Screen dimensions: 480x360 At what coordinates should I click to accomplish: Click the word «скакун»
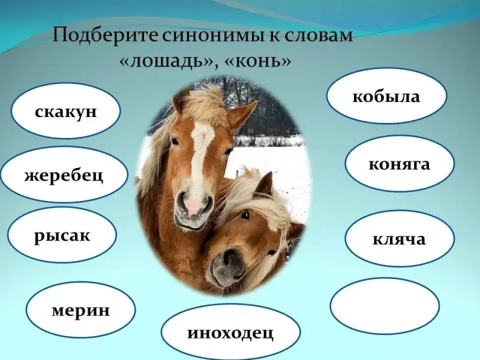point(65,112)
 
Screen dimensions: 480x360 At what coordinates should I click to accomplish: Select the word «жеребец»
point(64,175)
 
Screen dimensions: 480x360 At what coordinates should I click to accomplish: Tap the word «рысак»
point(62,236)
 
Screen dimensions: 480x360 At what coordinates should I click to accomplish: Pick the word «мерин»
point(80,310)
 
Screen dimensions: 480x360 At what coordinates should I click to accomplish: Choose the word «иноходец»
point(230,333)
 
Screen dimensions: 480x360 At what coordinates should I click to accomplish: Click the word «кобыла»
point(386,97)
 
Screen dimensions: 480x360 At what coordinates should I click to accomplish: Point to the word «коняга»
point(399,164)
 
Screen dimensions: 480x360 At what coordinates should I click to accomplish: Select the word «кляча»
point(399,239)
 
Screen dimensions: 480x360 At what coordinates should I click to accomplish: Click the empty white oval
point(385,305)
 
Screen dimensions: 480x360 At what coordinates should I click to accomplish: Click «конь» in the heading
point(258,61)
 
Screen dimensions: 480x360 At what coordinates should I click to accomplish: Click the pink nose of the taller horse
point(194,205)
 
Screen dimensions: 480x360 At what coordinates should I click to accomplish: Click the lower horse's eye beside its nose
point(244,215)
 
